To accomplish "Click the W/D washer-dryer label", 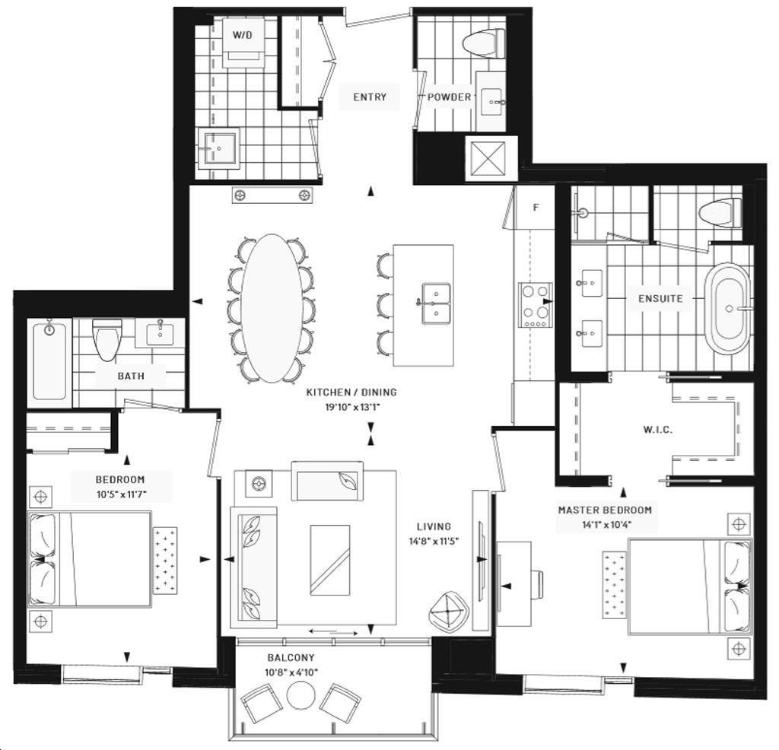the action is pos(243,35).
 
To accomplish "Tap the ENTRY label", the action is pos(370,97).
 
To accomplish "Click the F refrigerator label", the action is pos(536,208).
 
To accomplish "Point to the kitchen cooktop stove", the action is pos(536,305).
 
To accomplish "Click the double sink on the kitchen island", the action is pos(436,303).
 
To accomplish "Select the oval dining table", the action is pos(272,308).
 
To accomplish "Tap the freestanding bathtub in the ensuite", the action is pos(728,308).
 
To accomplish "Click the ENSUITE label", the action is pos(660,298).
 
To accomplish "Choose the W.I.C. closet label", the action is pos(658,430).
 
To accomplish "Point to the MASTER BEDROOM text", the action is pos(605,510).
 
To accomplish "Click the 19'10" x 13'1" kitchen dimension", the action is pos(353,407).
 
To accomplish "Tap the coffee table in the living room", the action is pos(330,560).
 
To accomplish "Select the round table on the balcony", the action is pos(300,695).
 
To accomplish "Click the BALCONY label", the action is pos(291,658).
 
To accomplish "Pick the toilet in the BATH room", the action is pos(107,340).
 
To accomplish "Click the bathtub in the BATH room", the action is pos(49,360).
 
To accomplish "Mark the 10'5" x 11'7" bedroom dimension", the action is pos(122,494).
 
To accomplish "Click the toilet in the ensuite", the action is pos(720,213).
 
